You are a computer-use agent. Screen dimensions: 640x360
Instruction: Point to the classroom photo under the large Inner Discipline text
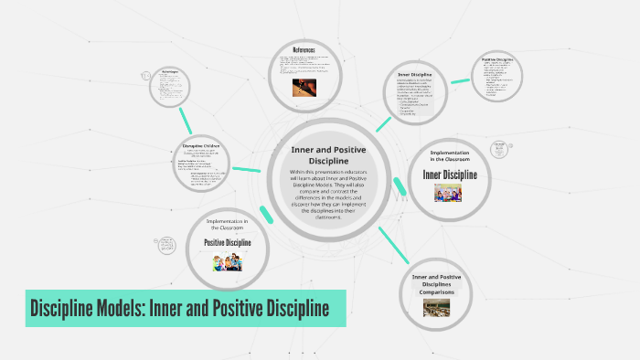[447, 192]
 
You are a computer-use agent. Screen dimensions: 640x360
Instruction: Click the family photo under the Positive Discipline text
[227, 263]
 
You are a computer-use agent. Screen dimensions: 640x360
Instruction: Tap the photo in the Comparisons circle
[435, 308]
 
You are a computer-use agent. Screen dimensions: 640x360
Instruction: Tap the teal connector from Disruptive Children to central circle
[246, 168]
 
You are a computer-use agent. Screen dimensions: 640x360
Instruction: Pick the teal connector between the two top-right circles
[460, 83]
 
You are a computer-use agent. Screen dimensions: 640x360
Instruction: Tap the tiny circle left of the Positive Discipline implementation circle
[169, 246]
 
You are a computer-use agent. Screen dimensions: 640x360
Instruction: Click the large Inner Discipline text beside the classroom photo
[447, 173]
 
